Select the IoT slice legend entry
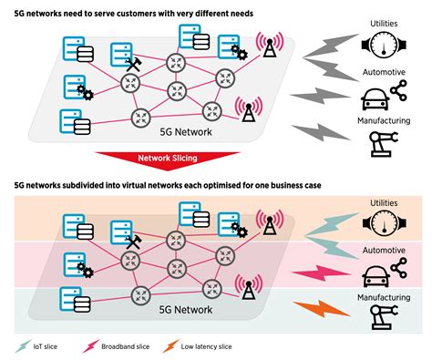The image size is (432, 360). pos(47,345)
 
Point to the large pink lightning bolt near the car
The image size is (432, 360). pos(322,272)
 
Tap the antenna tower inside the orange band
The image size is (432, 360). pos(267,223)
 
